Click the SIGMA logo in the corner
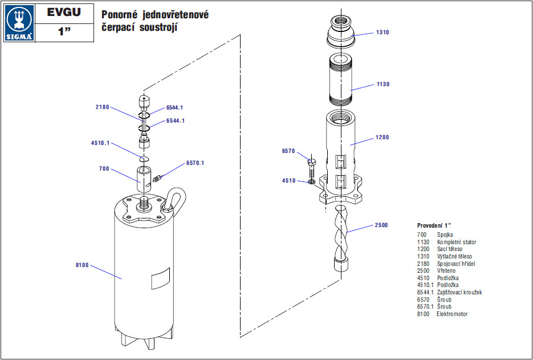pos(18,23)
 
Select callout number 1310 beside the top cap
pos(382,33)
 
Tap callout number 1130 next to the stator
pos(383,84)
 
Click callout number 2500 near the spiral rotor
pos(381,225)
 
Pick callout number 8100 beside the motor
pos(82,265)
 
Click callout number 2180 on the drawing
pos(102,107)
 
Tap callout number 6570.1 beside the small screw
pos(195,163)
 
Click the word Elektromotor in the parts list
pos(452,314)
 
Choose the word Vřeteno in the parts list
pos(446,271)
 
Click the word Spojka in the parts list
pos(445,234)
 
